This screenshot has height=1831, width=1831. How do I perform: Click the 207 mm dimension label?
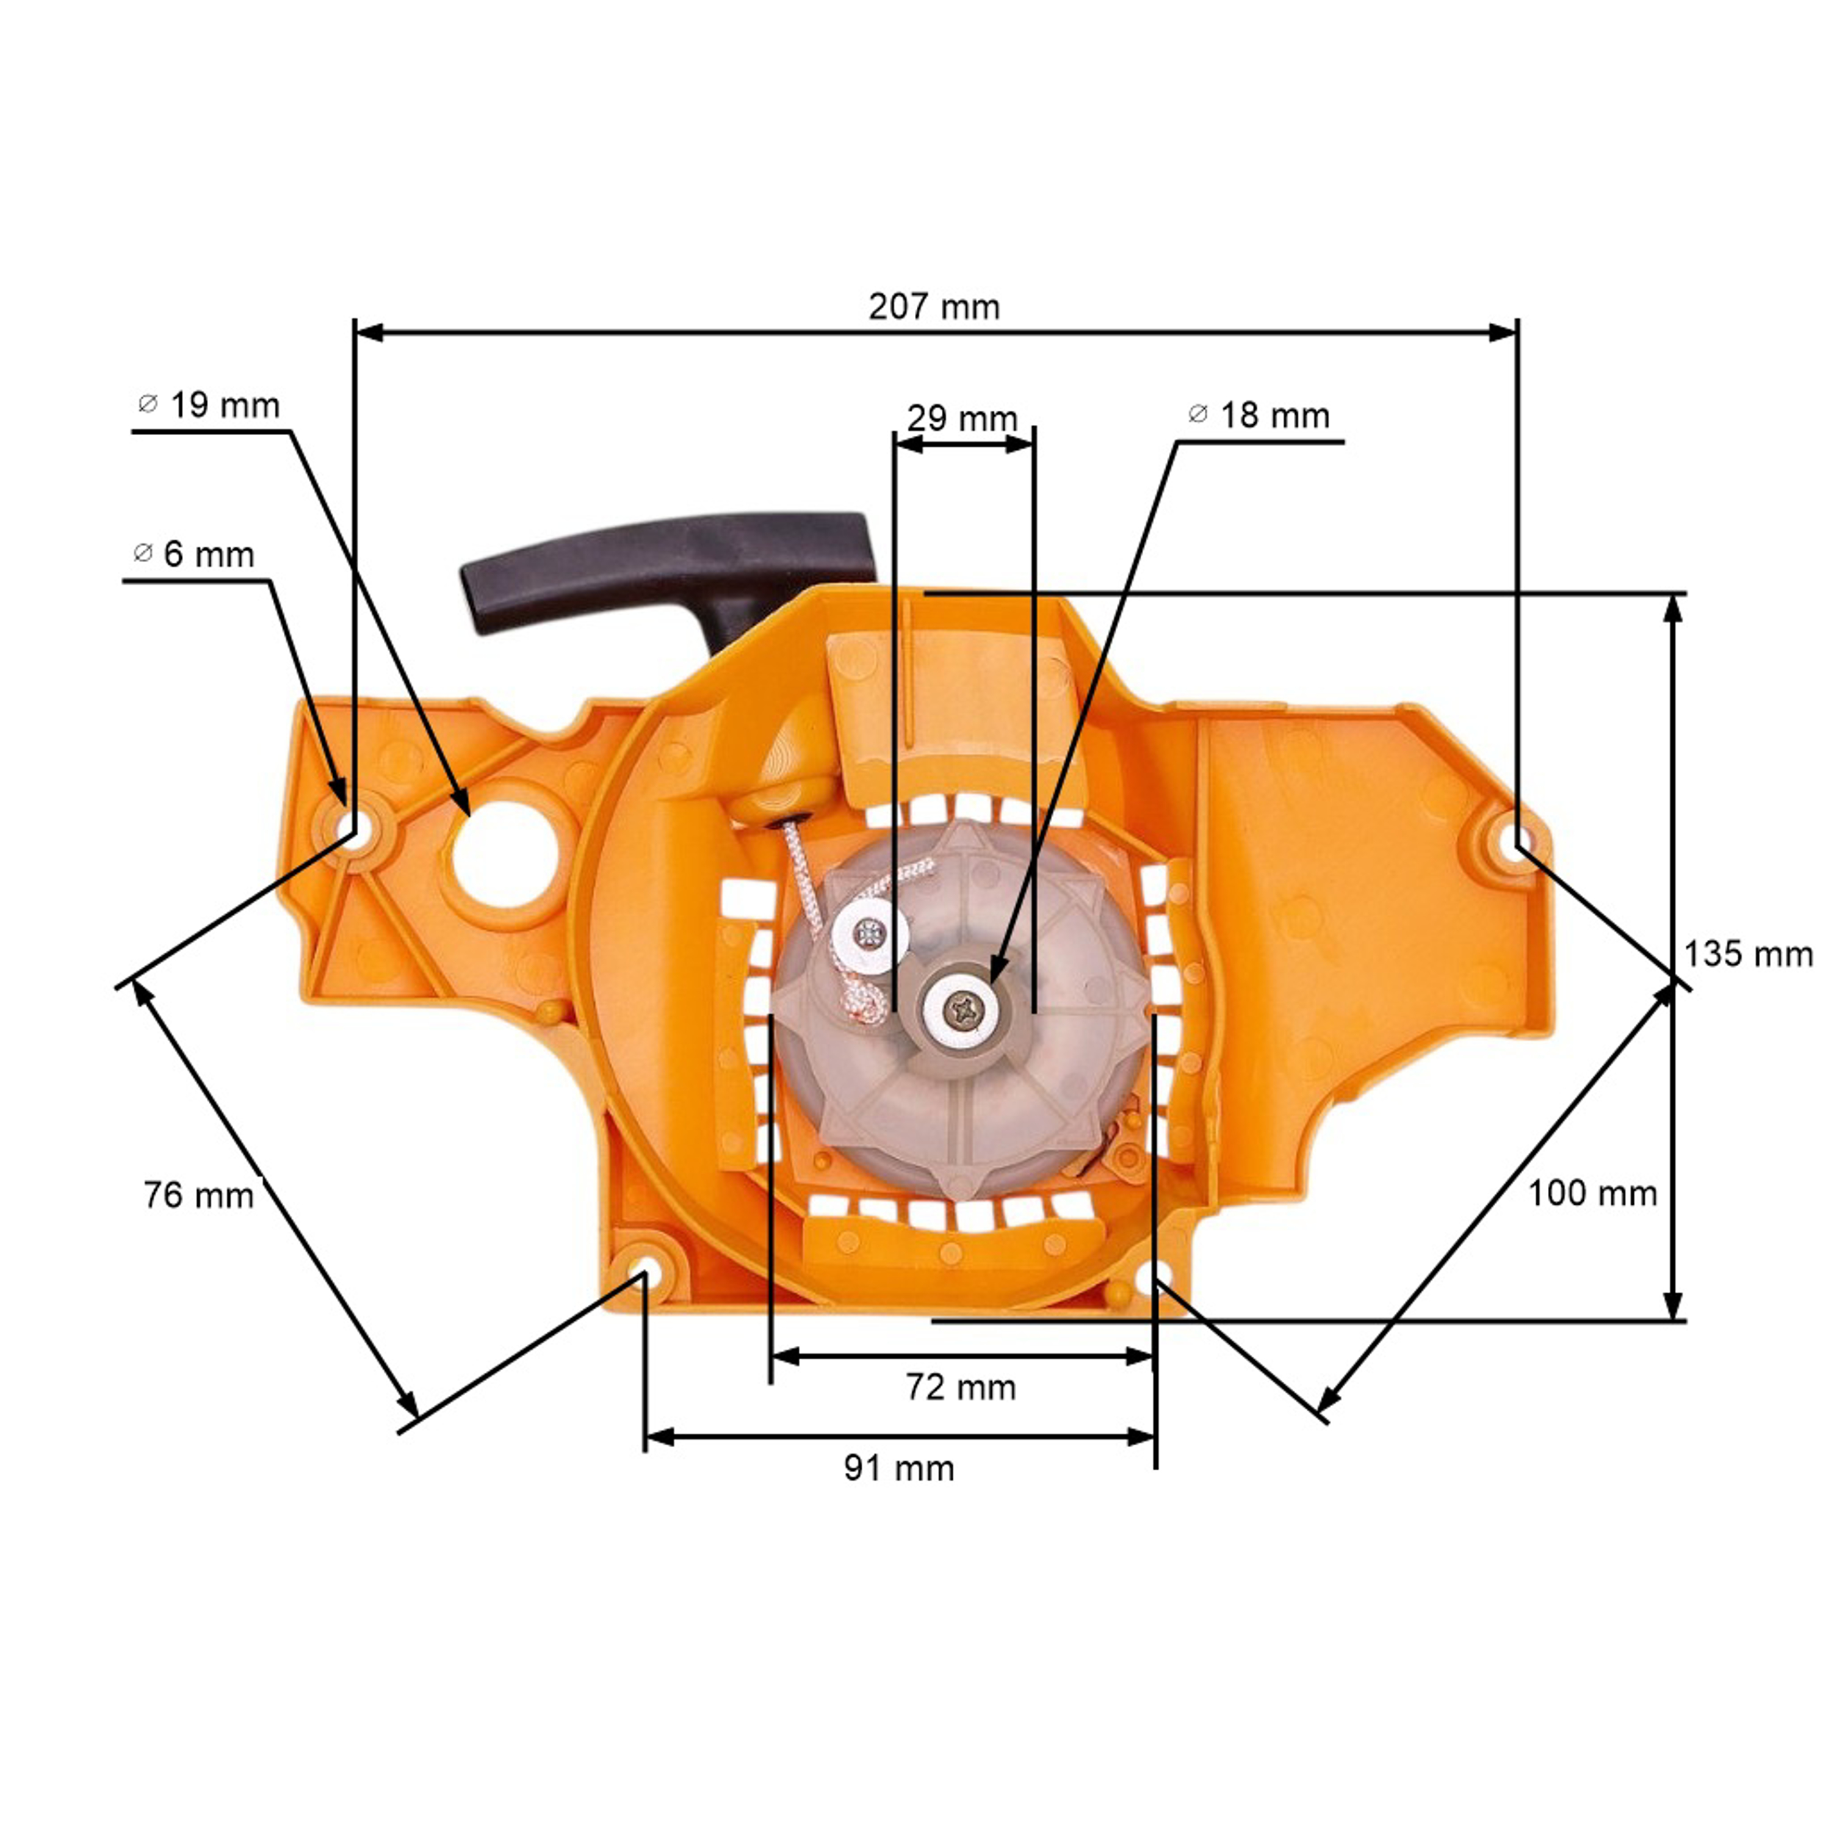point(934,307)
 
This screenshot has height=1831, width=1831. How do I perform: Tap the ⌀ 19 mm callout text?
point(209,406)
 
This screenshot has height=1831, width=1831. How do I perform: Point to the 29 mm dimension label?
point(962,418)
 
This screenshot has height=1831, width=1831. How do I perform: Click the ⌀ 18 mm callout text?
point(1259,415)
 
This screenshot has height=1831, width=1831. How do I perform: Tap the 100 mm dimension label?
point(1592,1193)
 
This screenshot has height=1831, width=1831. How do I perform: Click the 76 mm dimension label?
point(199,1195)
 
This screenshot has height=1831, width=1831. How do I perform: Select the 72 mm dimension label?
point(960,1387)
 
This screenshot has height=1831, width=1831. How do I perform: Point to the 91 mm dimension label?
point(898,1468)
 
